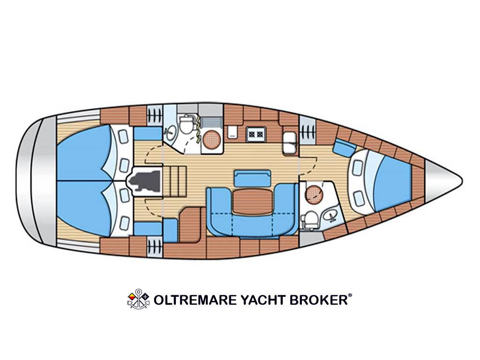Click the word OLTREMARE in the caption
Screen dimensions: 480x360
195,300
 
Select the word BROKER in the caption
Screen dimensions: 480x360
319,300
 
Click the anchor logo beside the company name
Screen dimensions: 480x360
138,299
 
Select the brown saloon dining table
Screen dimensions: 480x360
252,201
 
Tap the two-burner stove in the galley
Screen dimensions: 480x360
256,134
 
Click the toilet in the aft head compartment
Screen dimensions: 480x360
186,124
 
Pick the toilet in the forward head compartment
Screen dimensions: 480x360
310,219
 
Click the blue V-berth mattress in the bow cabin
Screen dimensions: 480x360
393,183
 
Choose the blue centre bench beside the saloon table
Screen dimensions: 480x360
252,178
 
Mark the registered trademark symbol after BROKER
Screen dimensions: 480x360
350,296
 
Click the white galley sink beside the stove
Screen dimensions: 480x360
289,142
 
